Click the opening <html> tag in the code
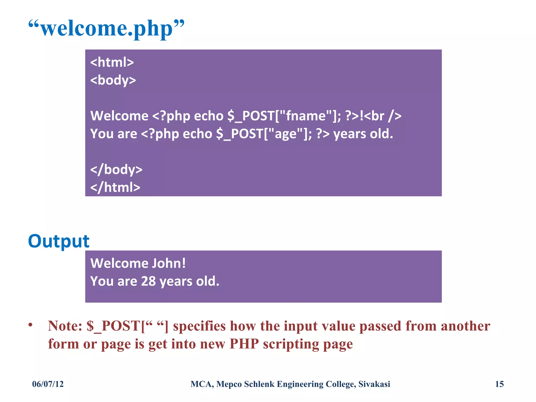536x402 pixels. tap(112, 62)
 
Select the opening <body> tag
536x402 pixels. tap(113, 80)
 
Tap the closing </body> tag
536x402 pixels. tap(116, 170)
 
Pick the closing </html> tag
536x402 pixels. tap(115, 187)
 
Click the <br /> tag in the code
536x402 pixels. tap(383, 116)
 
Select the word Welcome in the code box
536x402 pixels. tap(119, 116)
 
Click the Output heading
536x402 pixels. tap(59, 241)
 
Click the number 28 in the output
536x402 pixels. tap(148, 281)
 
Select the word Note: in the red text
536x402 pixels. tap(65, 326)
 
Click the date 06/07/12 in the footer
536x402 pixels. tap(48, 384)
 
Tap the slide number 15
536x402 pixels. tap(499, 384)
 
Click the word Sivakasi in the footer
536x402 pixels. tap(374, 384)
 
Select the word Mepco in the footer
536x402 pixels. tap(229, 384)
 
